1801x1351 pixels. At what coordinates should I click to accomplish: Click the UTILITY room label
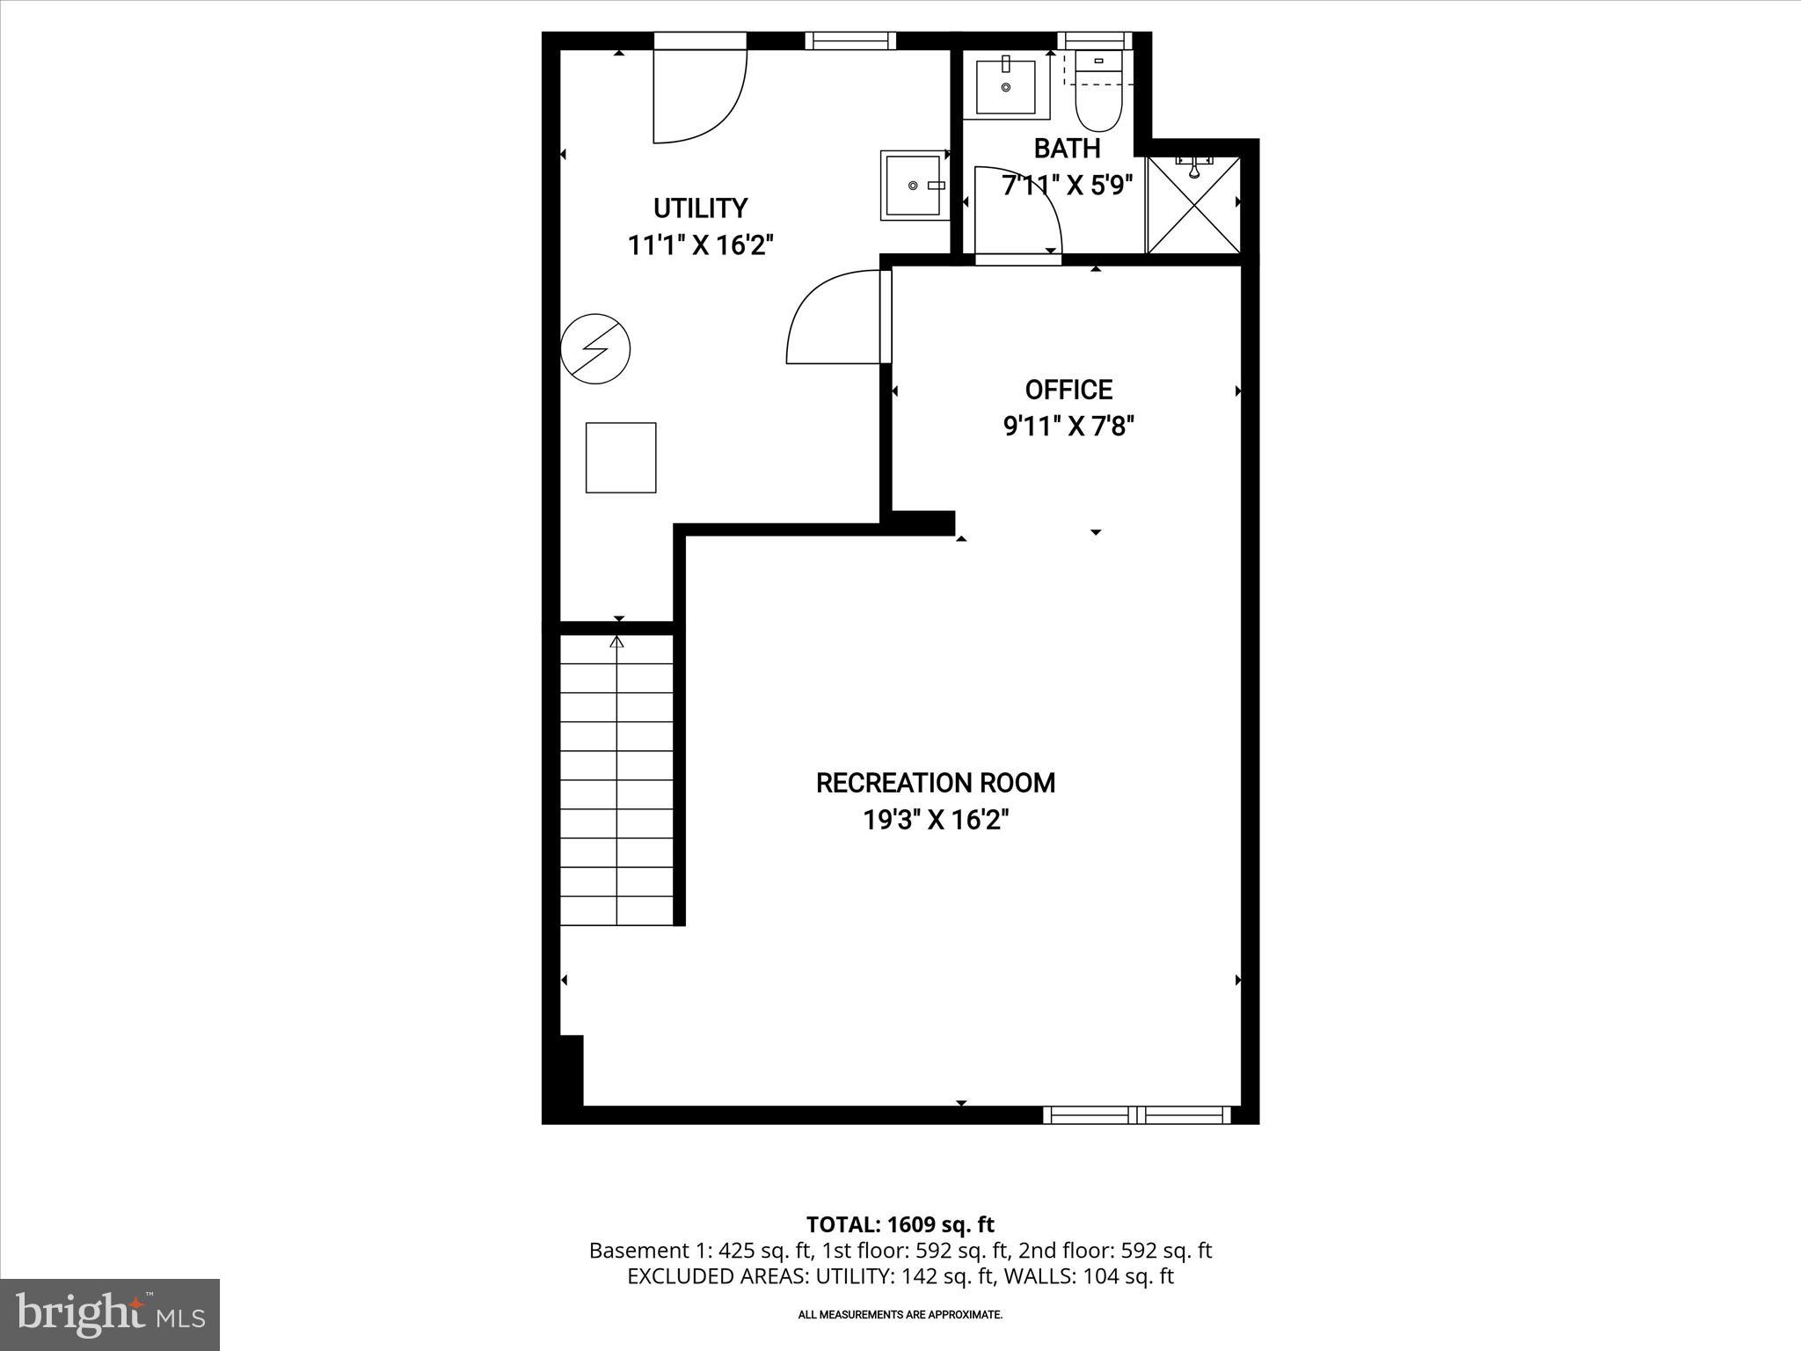pyautogui.click(x=700, y=208)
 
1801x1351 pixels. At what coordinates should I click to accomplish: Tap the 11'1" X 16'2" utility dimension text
pyautogui.click(x=700, y=245)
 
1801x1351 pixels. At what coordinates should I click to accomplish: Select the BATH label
pyautogui.click(x=1067, y=149)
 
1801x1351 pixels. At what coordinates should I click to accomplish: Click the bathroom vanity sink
pyautogui.click(x=1006, y=86)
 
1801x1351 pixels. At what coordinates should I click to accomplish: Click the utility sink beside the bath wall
pyautogui.click(x=914, y=186)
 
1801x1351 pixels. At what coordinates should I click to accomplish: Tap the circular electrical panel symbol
pyautogui.click(x=595, y=348)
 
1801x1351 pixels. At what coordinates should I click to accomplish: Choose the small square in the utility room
pyautogui.click(x=621, y=457)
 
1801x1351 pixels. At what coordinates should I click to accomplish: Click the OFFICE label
pyautogui.click(x=1068, y=390)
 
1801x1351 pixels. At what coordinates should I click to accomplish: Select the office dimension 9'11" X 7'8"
pyautogui.click(x=1068, y=427)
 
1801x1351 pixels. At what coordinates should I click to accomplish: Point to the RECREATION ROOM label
pyautogui.click(x=935, y=783)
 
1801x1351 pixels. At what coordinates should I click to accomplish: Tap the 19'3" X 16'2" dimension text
pyautogui.click(x=935, y=821)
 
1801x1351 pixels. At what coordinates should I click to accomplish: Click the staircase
pyautogui.click(x=617, y=781)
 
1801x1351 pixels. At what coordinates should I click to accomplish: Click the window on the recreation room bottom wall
pyautogui.click(x=1136, y=1115)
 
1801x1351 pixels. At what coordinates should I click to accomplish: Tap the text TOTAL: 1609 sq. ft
pyautogui.click(x=900, y=1224)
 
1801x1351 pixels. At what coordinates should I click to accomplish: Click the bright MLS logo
pyautogui.click(x=110, y=1314)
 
